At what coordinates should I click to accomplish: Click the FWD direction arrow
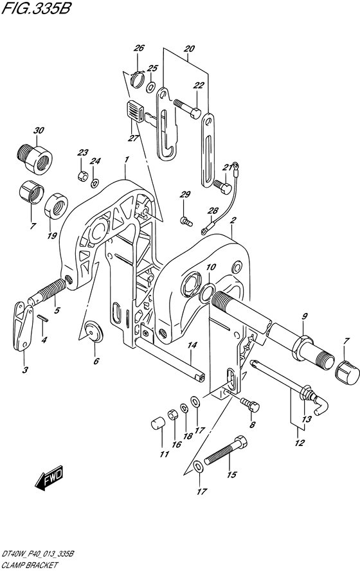click(50, 478)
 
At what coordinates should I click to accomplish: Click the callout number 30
click(39, 130)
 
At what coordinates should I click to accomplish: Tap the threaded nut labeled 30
click(35, 157)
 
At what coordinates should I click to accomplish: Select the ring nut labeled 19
click(57, 206)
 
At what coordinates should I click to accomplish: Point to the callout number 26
click(139, 48)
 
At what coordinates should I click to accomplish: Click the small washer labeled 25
click(151, 87)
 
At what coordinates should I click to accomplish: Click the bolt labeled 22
click(187, 109)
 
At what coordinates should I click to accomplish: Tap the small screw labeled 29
click(186, 221)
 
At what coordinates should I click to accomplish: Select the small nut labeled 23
click(82, 176)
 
